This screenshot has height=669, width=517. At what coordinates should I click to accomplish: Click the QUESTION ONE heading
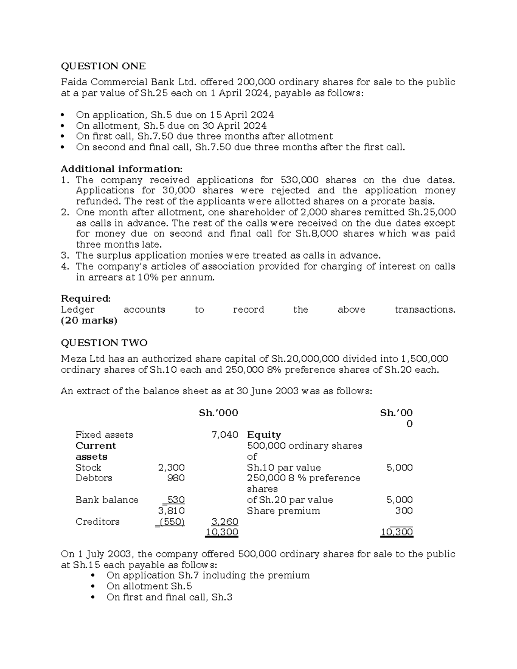[x=103, y=66]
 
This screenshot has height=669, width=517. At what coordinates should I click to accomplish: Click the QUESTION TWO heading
[x=104, y=343]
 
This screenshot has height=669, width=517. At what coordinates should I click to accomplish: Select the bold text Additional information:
[x=121, y=169]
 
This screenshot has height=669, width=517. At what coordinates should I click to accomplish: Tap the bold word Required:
[x=86, y=299]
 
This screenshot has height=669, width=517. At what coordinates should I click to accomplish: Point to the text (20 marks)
[x=89, y=320]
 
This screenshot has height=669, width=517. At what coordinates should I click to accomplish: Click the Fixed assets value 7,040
[x=225, y=435]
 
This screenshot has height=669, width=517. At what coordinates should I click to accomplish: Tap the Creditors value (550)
[x=171, y=522]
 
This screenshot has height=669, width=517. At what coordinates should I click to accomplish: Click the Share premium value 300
[x=404, y=511]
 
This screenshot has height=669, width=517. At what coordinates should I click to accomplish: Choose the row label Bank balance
[x=107, y=500]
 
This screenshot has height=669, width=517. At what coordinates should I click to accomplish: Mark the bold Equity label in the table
[x=264, y=435]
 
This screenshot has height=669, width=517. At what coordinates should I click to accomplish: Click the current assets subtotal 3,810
[x=171, y=511]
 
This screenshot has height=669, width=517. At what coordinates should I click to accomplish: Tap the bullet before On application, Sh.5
[x=63, y=115]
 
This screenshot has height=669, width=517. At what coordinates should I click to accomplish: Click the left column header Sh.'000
[x=218, y=413]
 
